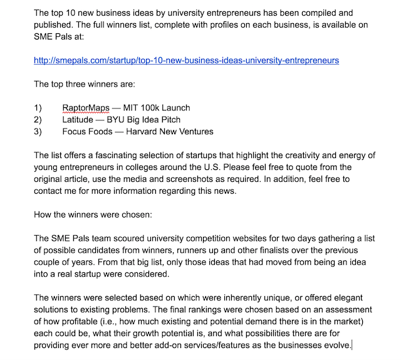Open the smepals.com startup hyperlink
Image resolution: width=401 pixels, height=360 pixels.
[x=187, y=60]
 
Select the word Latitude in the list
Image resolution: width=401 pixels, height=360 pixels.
[x=80, y=120]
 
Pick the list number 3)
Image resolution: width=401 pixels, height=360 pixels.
[x=38, y=132]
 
